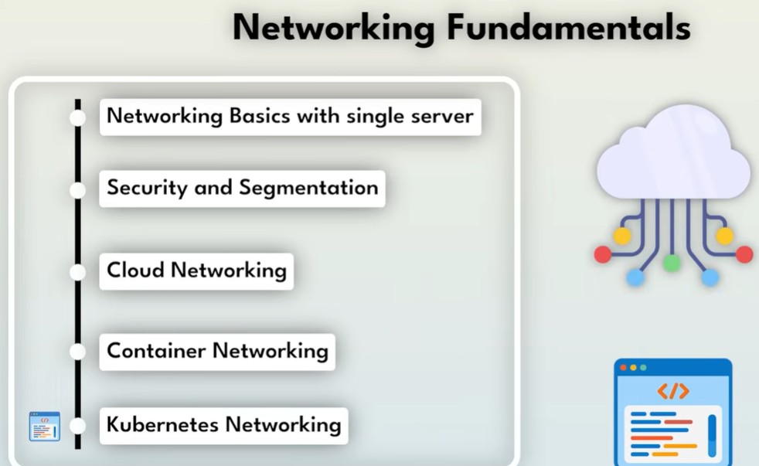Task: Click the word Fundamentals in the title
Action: click(x=568, y=28)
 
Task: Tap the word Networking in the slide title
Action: click(x=333, y=28)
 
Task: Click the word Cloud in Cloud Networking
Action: click(x=135, y=270)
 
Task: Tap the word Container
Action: click(x=157, y=351)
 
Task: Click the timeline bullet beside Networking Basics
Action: click(x=77, y=117)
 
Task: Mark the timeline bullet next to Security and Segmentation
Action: click(x=77, y=190)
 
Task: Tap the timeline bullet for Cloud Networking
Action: click(x=77, y=272)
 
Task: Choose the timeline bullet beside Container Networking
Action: click(x=77, y=352)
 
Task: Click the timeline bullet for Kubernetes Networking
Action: click(x=77, y=426)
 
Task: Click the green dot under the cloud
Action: click(x=672, y=263)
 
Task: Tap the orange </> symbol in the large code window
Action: click(x=672, y=391)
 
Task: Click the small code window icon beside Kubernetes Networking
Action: click(x=44, y=426)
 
